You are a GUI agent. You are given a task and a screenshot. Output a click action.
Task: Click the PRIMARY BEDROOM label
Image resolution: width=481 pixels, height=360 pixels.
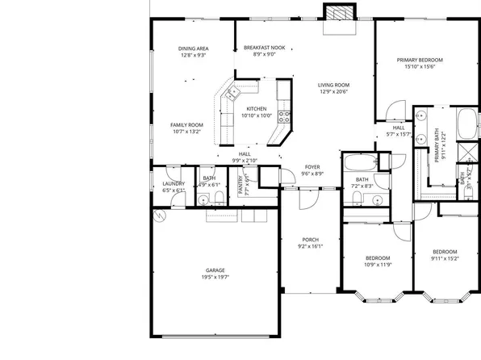420,60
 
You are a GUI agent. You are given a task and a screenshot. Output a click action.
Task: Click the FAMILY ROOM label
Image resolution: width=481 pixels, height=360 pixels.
186,124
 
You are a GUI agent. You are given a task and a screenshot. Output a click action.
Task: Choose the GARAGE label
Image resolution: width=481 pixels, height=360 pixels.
215,270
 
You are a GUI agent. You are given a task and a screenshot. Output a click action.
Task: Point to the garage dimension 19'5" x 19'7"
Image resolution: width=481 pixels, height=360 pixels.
215,278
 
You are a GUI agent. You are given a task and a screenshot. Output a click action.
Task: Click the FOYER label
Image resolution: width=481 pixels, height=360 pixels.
312,166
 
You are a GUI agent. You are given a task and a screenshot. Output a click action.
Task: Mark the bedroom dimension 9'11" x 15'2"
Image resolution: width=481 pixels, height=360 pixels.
446,258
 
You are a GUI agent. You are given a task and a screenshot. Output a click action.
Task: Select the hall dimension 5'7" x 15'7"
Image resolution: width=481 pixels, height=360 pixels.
399,134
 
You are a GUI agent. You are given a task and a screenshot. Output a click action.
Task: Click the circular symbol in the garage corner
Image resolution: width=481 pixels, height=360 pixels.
160,216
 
